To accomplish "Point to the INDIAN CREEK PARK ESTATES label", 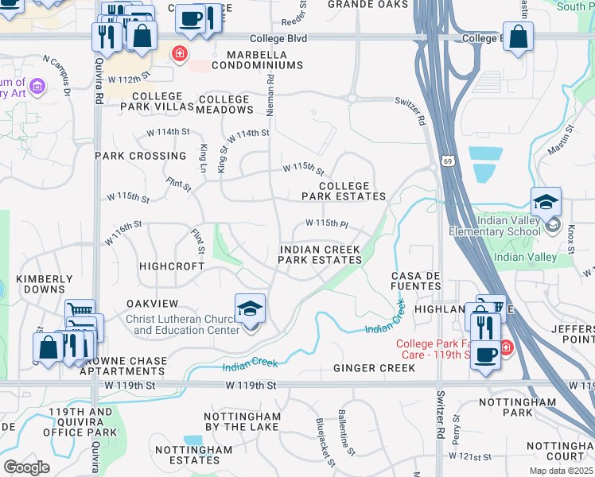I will coord(321,254).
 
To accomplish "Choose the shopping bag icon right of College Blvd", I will coord(518,37).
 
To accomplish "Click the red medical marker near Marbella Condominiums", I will coord(179,54).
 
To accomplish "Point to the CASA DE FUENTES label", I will coord(415,281).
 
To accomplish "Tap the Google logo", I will coord(26,467).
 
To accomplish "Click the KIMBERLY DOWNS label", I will coord(45,285).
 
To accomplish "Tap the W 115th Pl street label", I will coord(327,223).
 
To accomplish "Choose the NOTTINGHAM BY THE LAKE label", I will coord(243,421).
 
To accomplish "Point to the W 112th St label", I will coord(131,78).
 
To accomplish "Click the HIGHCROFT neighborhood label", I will coord(172,266).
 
